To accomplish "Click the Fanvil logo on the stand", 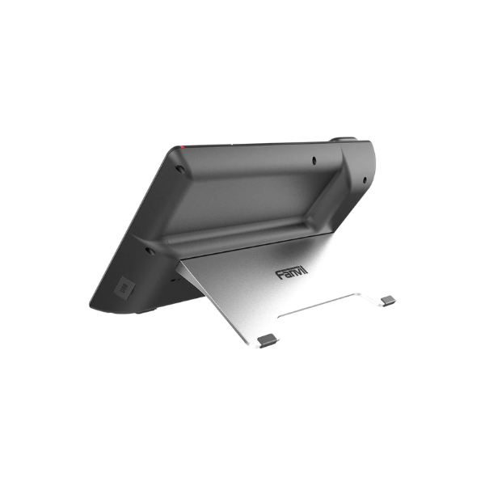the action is (x=292, y=272).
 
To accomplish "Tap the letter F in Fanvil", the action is (x=280, y=275).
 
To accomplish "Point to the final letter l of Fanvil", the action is (x=306, y=269).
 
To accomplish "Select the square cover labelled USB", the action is (x=124, y=288).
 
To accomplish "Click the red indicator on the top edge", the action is (x=182, y=146).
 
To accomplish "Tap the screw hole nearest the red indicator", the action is (x=179, y=169).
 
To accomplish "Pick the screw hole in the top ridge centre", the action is (x=314, y=160).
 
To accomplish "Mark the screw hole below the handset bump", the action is (x=365, y=179).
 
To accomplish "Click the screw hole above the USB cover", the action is (x=150, y=251).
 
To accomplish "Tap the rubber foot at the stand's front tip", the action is (x=268, y=340).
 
